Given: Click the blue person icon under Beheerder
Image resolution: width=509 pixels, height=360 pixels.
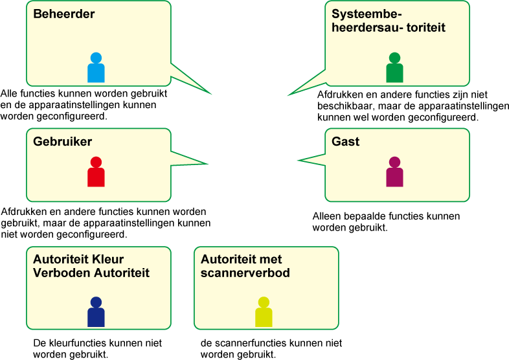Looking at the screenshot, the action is (x=96, y=67).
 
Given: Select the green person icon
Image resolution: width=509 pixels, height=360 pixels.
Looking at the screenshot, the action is (x=395, y=67).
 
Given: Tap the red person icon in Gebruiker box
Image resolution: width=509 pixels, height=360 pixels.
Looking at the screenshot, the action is (x=96, y=172).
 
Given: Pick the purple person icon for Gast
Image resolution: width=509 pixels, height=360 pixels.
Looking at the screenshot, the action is (x=395, y=172).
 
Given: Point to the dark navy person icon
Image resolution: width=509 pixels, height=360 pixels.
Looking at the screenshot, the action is (x=96, y=311).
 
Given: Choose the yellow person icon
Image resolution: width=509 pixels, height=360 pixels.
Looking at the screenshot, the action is (x=264, y=311).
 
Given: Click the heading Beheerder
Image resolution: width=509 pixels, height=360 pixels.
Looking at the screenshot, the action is (x=64, y=14).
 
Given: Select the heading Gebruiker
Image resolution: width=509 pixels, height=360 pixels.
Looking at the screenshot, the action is (x=62, y=142).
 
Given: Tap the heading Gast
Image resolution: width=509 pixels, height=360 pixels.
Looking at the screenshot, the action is (x=345, y=142).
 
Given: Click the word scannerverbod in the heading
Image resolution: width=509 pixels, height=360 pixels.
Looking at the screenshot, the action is (x=245, y=273).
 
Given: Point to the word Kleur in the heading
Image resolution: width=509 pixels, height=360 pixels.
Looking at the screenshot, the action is (x=107, y=260).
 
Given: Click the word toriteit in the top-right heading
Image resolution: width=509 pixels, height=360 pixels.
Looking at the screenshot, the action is (x=425, y=28).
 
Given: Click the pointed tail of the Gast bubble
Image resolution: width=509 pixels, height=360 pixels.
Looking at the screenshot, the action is (x=299, y=160).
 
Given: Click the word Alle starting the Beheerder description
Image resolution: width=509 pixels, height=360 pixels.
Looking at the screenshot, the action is (x=8, y=93).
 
